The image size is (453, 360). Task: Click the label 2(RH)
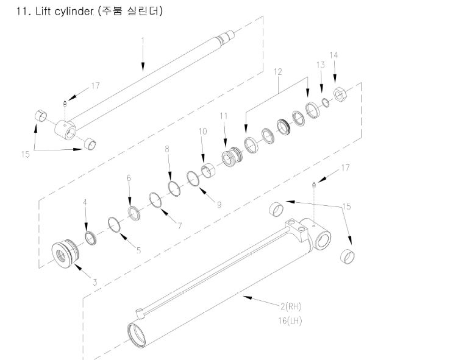(x=291, y=306)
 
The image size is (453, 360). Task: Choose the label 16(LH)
(x=290, y=321)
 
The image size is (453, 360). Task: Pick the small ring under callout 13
(x=326, y=102)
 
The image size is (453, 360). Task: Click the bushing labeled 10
(x=208, y=171)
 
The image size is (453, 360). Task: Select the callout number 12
(x=277, y=72)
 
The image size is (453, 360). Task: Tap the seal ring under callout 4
(x=91, y=238)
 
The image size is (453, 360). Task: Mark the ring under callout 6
(x=134, y=213)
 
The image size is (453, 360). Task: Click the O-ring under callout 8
(x=174, y=188)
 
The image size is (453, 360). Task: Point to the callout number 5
(x=138, y=250)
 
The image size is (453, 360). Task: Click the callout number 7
(x=180, y=225)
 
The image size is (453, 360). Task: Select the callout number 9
(x=219, y=205)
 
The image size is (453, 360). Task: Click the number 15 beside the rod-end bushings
(x=26, y=155)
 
